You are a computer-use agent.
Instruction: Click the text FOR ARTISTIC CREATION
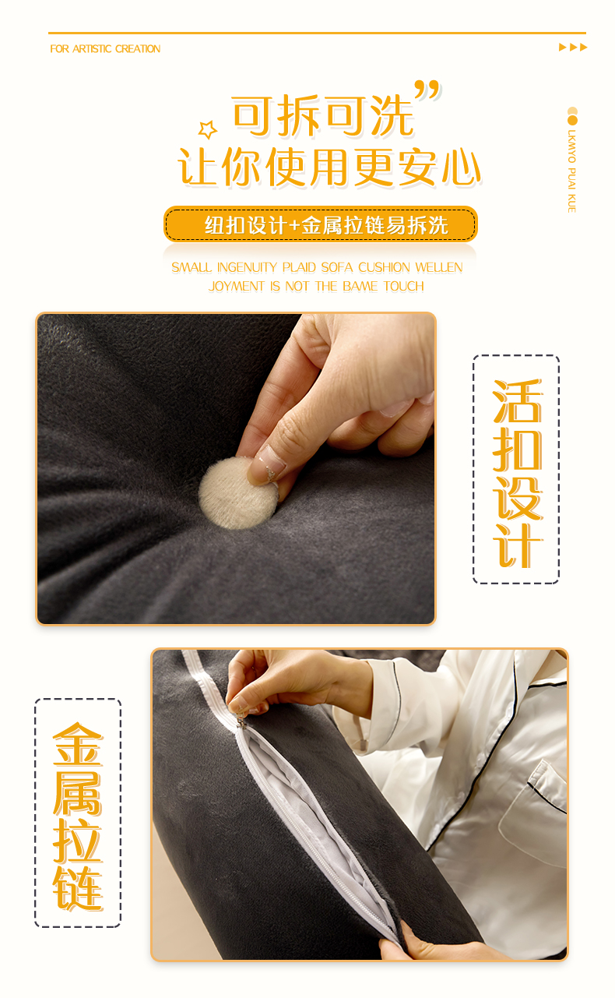click(x=105, y=48)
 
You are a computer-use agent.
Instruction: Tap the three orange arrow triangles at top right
click(x=573, y=48)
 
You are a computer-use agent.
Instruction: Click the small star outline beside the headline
click(x=208, y=129)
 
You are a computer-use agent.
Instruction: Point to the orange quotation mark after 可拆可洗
click(x=427, y=91)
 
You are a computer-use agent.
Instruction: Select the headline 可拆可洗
click(x=323, y=115)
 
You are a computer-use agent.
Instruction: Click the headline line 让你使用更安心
click(x=329, y=167)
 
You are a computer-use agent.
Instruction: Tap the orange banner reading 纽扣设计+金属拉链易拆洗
click(x=321, y=224)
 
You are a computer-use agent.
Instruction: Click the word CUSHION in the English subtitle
click(x=384, y=267)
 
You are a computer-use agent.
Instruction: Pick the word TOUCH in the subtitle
click(x=403, y=286)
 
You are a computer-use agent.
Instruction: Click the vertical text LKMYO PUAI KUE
click(x=572, y=171)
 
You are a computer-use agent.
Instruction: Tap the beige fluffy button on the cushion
click(x=237, y=493)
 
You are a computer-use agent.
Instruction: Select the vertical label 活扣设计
click(x=517, y=473)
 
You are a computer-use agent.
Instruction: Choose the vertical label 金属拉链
click(x=78, y=816)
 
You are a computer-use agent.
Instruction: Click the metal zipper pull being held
click(x=241, y=718)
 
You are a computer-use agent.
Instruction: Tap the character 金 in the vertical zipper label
click(x=78, y=744)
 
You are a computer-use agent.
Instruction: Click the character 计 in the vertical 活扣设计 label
click(x=517, y=546)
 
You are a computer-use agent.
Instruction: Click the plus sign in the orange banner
click(x=294, y=225)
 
